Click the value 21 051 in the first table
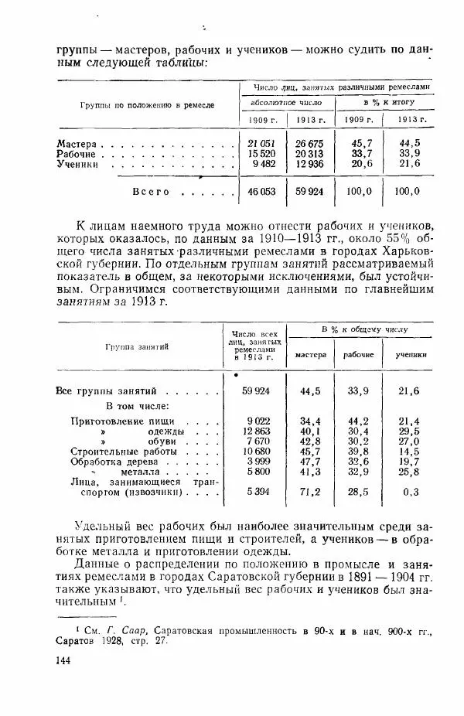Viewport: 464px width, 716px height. click(x=261, y=144)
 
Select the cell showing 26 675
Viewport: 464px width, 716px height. click(x=307, y=144)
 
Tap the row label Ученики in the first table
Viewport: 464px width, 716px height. click(x=78, y=164)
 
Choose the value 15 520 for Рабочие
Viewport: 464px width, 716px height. click(x=261, y=154)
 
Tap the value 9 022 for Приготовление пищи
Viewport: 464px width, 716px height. click(x=255, y=420)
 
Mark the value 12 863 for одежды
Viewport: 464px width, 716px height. click(x=254, y=430)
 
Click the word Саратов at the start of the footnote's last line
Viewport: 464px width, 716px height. click(x=77, y=639)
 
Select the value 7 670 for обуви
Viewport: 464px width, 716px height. click(x=255, y=440)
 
